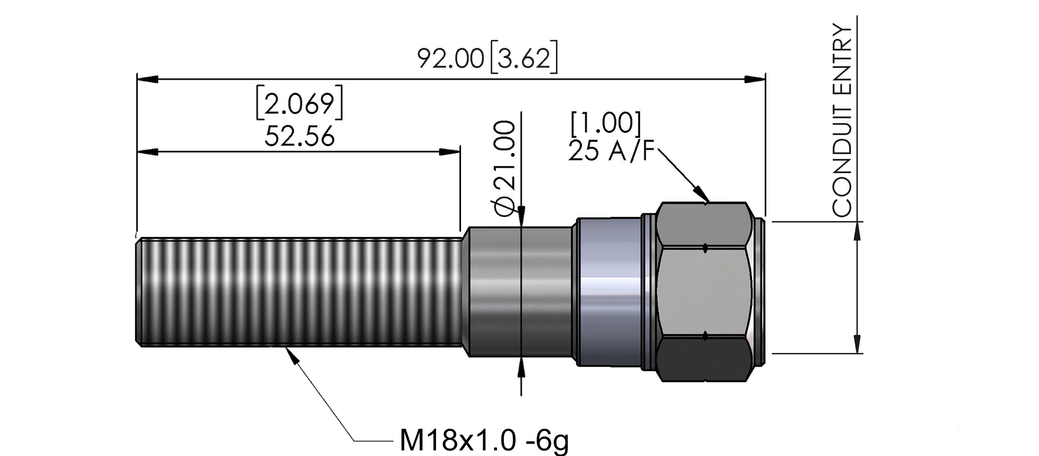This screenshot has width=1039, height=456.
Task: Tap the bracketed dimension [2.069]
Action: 299,102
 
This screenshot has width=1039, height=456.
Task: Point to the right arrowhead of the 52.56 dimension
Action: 449,152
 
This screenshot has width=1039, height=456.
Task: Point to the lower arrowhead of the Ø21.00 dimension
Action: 522,367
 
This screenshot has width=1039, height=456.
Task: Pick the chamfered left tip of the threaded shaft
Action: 138,290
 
